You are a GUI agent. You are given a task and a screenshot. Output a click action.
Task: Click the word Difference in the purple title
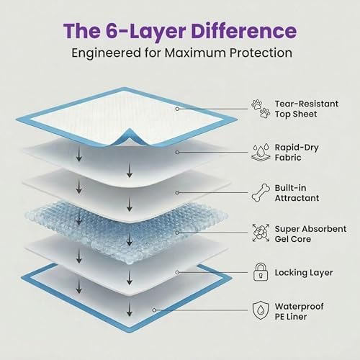244,31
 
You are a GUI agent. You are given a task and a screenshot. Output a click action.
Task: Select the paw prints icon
261,109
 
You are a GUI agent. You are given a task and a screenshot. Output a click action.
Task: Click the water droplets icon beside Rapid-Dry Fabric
261,153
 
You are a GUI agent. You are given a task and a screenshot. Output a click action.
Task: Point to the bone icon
261,193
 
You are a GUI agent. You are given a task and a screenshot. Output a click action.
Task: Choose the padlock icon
261,272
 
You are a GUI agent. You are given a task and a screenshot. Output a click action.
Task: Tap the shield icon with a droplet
261,310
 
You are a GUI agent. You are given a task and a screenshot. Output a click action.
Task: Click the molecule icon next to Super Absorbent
261,233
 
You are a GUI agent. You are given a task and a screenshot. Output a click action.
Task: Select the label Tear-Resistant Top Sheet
307,109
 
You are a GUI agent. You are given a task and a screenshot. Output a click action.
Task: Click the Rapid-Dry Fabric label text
297,153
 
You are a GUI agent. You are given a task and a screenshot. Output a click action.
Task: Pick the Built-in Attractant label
297,193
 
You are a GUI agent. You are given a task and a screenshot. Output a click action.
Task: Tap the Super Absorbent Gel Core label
310,234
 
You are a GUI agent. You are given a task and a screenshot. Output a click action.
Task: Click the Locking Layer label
304,273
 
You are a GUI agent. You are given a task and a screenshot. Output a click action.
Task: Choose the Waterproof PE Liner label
299,311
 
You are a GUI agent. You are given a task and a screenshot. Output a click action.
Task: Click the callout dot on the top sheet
177,109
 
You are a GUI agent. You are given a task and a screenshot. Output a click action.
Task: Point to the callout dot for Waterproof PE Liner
154,310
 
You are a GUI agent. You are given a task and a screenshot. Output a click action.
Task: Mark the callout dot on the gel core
177,233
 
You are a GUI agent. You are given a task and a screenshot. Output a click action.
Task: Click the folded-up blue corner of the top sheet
130,135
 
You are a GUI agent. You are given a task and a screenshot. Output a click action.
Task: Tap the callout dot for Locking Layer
177,272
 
